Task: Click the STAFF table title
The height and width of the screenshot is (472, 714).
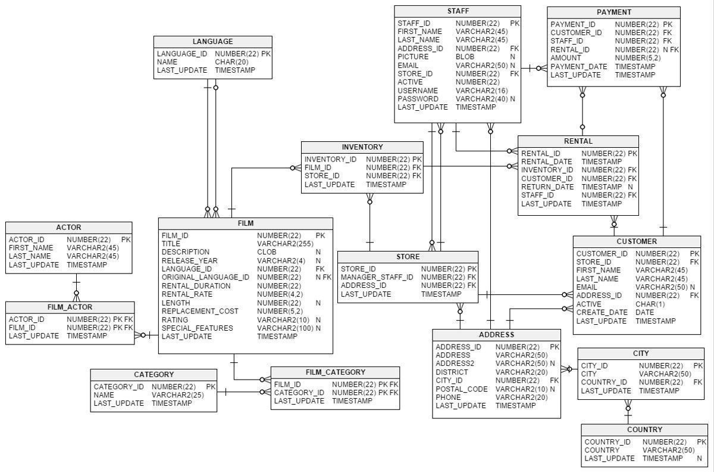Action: click(x=458, y=11)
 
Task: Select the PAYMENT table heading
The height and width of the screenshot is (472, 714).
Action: click(x=613, y=12)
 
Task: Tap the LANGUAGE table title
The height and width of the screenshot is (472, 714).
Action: click(x=212, y=42)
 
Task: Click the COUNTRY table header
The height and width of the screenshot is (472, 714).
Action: click(x=644, y=430)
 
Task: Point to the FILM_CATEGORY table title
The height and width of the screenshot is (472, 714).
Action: click(x=335, y=372)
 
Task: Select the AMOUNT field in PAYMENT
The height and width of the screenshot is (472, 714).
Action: click(x=565, y=58)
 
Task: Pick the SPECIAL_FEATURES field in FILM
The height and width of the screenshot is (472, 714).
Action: click(x=198, y=328)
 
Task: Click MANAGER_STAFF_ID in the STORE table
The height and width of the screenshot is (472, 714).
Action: click(x=377, y=278)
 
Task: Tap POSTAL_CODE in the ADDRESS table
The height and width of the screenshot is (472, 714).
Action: click(x=461, y=389)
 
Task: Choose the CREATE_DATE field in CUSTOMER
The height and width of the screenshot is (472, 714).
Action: click(x=602, y=313)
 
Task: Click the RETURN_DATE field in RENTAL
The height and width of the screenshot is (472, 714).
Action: click(x=547, y=187)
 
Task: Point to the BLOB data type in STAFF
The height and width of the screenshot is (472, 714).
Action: click(x=465, y=57)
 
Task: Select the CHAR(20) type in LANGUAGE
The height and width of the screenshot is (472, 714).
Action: click(x=231, y=62)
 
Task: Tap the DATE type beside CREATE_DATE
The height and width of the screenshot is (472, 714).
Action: click(x=644, y=313)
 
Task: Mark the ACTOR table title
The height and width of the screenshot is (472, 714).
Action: click(x=68, y=228)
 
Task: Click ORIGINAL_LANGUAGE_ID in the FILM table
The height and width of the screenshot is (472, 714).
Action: click(x=205, y=278)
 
